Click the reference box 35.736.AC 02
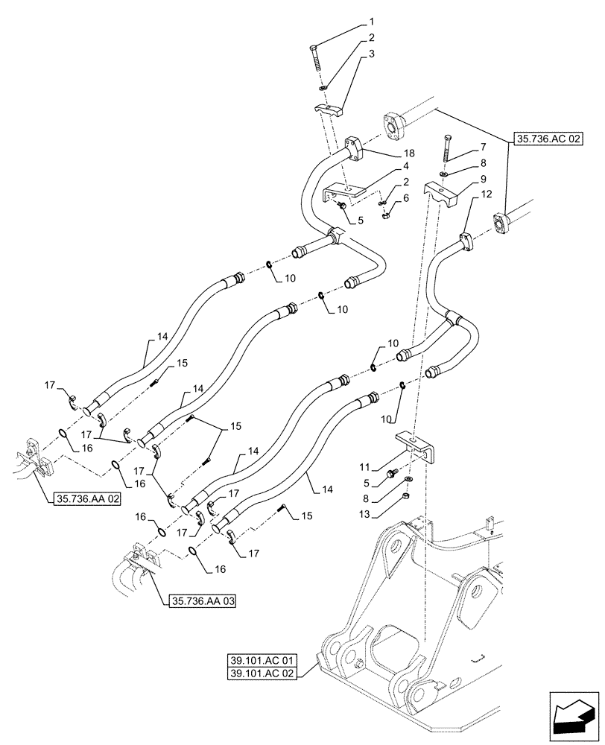[x=547, y=139]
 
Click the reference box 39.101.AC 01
[x=265, y=660]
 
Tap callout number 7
[x=463, y=148]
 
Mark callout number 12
[x=487, y=194]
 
